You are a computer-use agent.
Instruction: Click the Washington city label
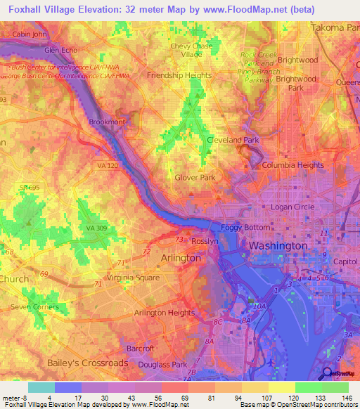278,246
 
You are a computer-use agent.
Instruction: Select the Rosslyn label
207,241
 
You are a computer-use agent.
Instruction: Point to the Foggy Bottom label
245,228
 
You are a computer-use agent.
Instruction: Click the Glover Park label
195,178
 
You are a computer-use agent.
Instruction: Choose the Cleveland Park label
233,140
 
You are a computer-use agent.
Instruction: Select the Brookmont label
107,122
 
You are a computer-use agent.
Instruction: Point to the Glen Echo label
61,51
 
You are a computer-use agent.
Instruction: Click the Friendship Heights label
179,75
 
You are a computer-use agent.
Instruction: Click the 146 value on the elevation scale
347,397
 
